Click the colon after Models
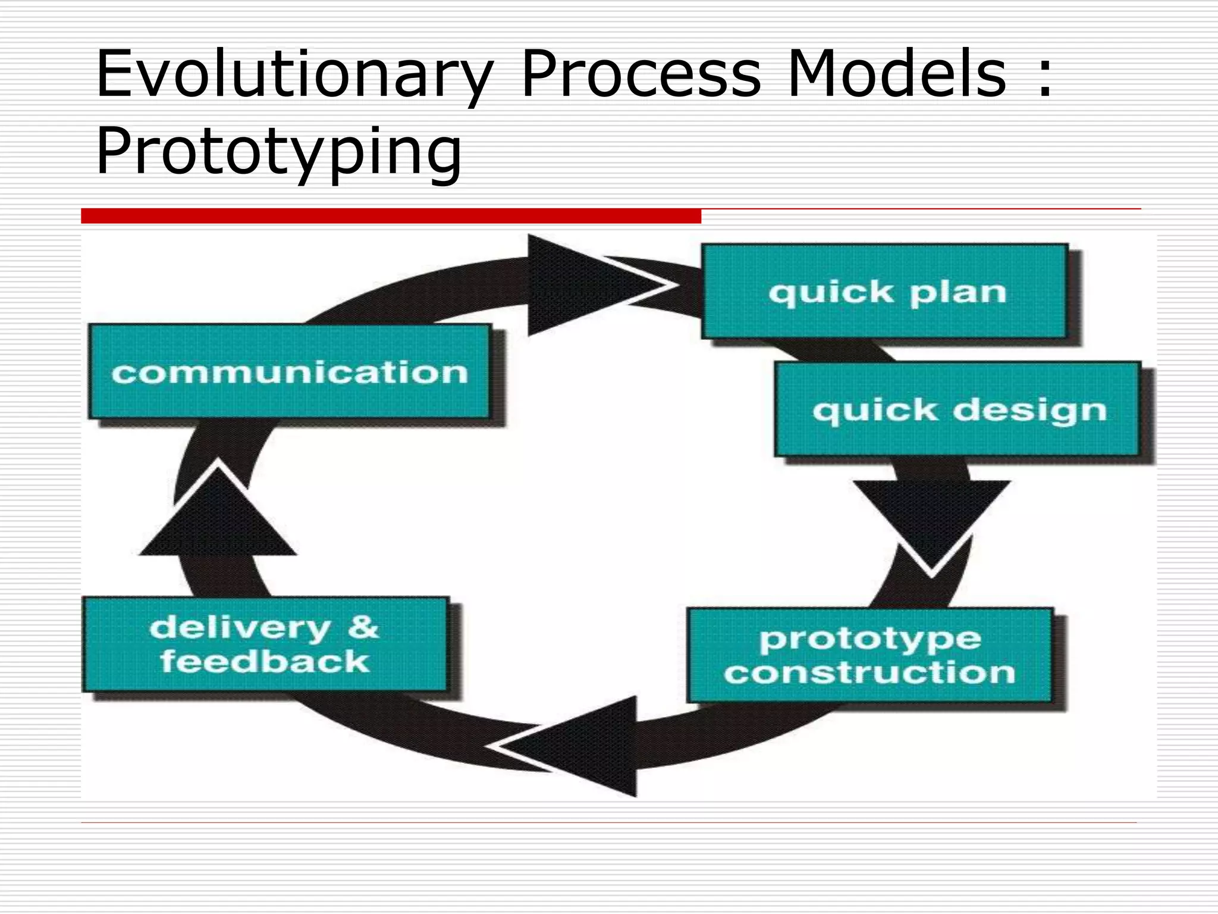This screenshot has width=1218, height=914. (x=1044, y=76)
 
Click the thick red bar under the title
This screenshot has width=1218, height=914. (x=391, y=216)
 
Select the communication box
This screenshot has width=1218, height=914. (x=289, y=372)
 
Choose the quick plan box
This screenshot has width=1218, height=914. (x=884, y=292)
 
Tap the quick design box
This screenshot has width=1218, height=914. (x=958, y=409)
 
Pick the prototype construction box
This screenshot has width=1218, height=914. (x=869, y=655)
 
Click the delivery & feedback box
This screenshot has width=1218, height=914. (x=265, y=644)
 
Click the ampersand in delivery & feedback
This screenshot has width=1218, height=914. (x=363, y=628)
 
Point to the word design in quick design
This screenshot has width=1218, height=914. (x=1030, y=411)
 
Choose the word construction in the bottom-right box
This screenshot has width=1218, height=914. (x=869, y=672)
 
